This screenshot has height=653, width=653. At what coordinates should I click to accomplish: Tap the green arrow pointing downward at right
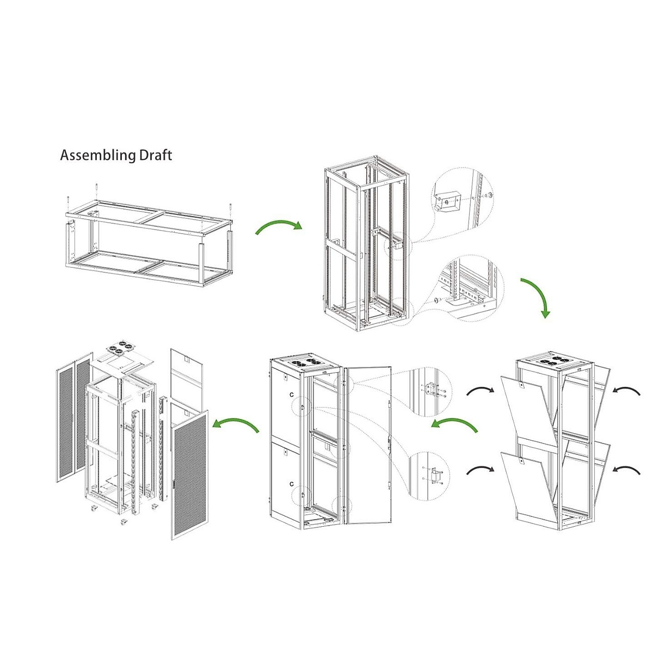pos(538,297)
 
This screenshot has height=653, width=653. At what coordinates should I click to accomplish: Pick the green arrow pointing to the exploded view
pos(236,425)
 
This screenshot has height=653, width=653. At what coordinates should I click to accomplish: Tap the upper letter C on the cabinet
pos(292,393)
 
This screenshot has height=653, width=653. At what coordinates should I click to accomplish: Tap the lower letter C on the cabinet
pos(292,484)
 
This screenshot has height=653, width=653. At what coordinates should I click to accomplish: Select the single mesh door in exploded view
pos(189,473)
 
